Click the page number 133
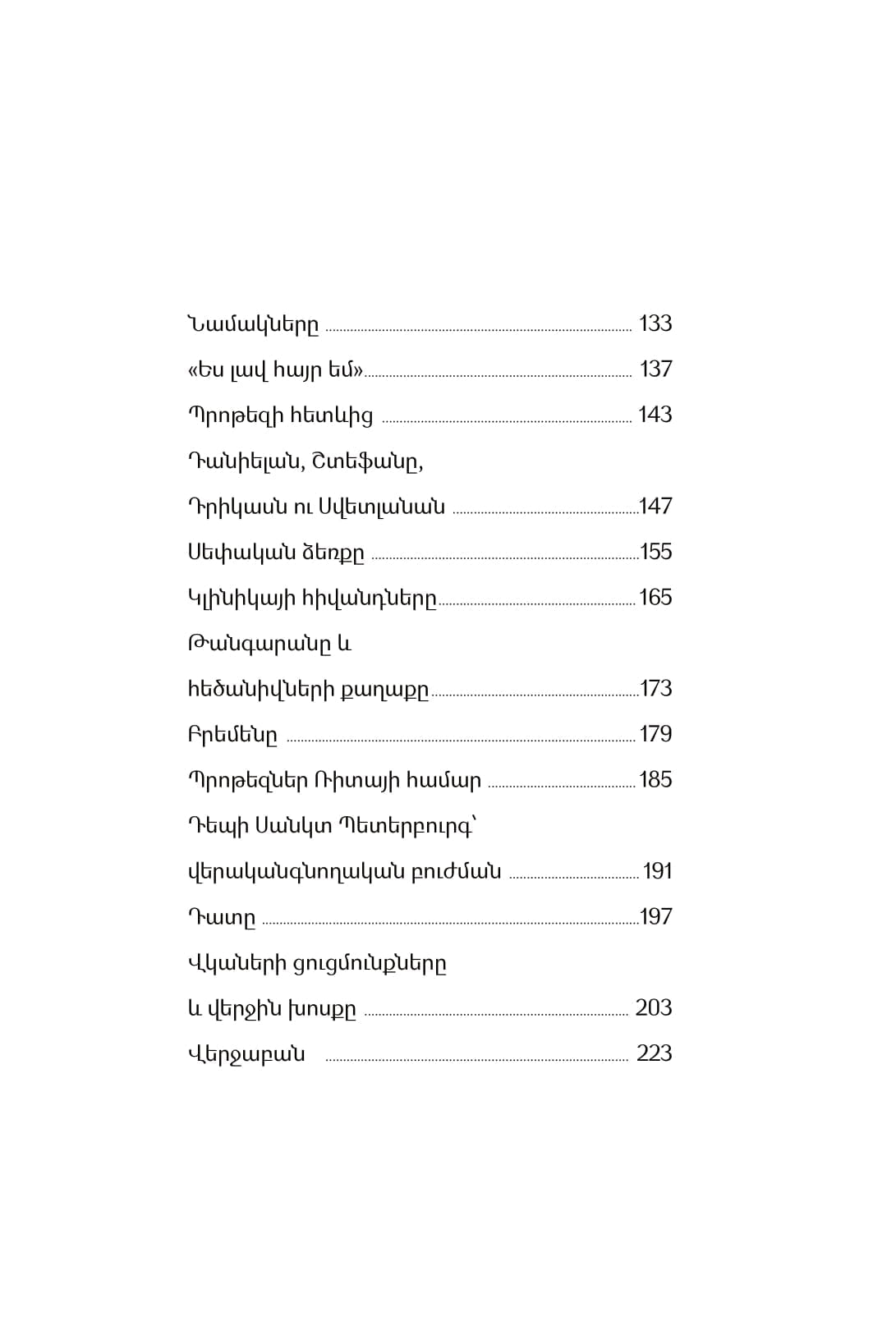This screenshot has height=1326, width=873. [655, 323]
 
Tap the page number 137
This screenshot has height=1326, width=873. [656, 369]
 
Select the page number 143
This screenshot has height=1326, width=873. [655, 415]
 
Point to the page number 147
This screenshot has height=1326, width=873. [656, 507]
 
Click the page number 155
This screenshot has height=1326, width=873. [656, 552]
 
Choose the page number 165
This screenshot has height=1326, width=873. [655, 598]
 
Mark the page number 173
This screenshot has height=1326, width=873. [656, 689]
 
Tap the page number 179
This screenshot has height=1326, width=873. [656, 734]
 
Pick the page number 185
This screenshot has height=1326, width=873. [655, 780]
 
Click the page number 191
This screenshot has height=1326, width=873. [658, 871]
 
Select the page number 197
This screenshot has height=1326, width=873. [656, 917]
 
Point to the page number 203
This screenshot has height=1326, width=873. [654, 1008]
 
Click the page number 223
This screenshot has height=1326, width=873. [655, 1053]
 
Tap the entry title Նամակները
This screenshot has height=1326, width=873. [253, 324]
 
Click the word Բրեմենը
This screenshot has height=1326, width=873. [232, 735]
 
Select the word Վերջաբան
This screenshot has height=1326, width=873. [246, 1054]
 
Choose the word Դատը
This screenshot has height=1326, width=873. [222, 918]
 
